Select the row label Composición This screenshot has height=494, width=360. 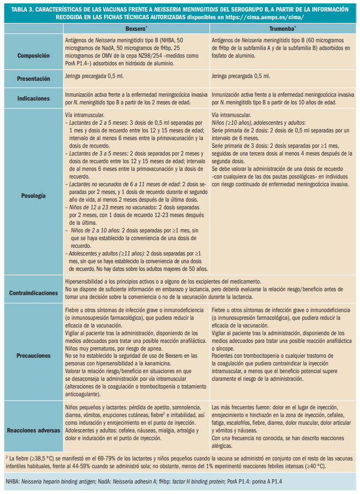tap(34, 55)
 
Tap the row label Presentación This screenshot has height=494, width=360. tap(34, 79)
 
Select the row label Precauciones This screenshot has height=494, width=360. tap(34, 355)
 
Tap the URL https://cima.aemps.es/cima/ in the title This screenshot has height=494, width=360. tap(266, 18)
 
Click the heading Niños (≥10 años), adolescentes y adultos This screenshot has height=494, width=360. tap(258, 123)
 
